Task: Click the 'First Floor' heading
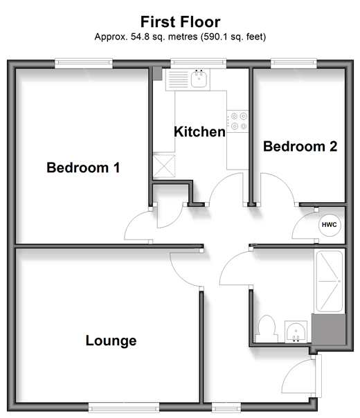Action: point(180,22)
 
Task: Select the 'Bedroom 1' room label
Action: point(83,167)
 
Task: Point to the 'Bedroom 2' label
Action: point(300,146)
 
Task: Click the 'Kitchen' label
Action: point(199,131)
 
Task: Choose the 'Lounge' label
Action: point(111,341)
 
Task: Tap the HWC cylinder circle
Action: point(330,225)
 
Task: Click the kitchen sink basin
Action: point(199,79)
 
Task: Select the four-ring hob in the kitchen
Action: point(237,121)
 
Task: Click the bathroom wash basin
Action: point(296,331)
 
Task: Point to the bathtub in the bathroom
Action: point(330,281)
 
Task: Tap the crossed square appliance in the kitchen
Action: point(164,166)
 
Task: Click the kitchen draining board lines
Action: point(178,79)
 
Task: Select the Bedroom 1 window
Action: point(84,63)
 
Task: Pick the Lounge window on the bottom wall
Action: point(124,407)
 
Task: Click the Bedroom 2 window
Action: point(294,63)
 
